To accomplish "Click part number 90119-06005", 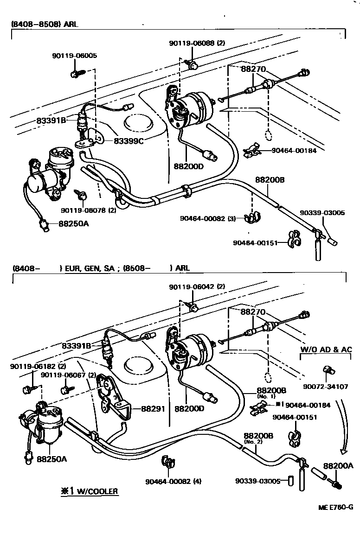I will coord(74,56).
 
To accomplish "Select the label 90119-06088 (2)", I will coord(197,43).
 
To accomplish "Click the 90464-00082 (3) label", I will coord(208,217).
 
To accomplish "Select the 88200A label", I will coord(338,466).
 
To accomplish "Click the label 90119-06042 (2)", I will coord(197,286).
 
